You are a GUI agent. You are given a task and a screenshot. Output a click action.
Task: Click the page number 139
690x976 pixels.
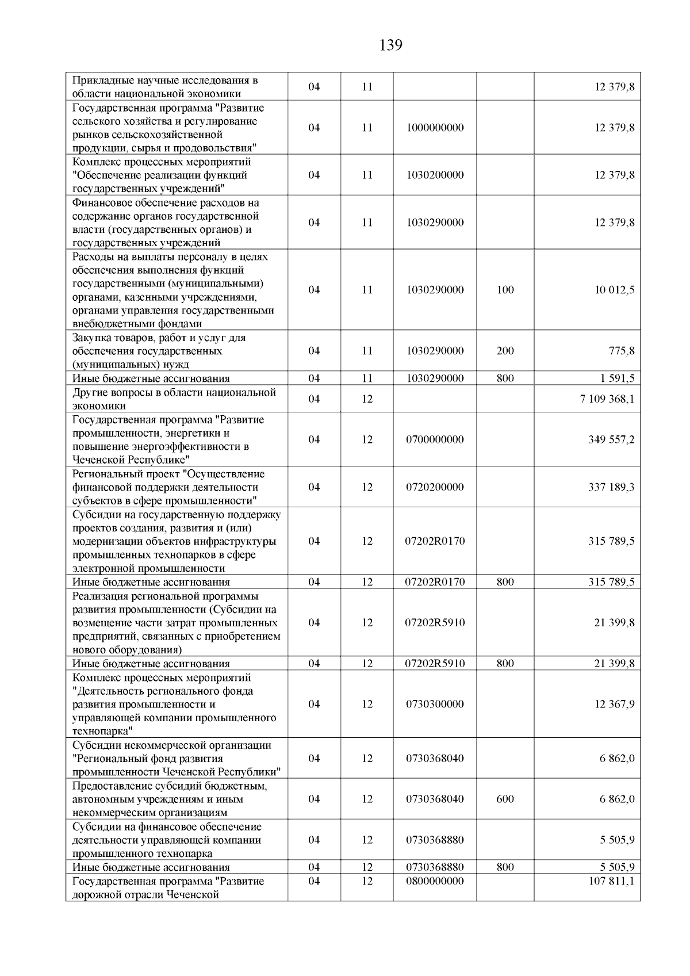(391, 45)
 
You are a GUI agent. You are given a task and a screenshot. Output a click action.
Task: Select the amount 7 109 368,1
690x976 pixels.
(607, 399)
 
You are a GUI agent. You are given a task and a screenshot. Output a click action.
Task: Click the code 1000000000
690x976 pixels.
(435, 128)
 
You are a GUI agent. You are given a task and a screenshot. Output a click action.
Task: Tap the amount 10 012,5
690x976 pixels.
(614, 290)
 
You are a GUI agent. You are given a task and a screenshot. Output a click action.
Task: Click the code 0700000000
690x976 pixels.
(435, 439)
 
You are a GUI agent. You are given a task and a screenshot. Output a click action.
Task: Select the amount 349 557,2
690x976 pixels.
(611, 439)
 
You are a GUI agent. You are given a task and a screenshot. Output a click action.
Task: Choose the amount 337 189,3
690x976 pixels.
(611, 487)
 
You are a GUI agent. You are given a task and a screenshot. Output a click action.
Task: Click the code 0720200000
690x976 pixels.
(435, 487)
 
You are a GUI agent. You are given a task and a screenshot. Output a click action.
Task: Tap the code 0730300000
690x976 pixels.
(435, 704)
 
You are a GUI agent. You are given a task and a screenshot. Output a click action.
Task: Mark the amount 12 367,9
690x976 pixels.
(614, 704)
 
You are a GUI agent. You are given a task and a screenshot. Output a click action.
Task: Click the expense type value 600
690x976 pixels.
(505, 799)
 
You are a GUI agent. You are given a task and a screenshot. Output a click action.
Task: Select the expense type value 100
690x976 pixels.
(505, 290)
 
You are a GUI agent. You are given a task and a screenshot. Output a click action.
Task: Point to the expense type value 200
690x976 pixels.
(505, 351)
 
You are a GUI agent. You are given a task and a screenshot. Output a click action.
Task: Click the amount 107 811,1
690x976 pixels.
(611, 881)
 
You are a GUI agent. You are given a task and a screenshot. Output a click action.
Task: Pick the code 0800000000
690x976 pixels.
(435, 881)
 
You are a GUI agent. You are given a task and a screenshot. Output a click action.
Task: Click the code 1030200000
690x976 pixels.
(435, 175)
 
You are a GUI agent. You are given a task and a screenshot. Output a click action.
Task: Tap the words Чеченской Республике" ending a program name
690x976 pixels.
(131, 460)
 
